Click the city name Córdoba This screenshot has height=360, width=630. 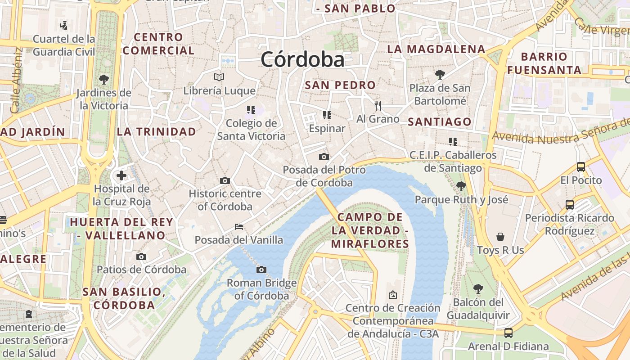pos(302,59)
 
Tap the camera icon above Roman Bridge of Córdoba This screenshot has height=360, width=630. pos(261,270)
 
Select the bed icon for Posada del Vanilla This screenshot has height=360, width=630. pos(239,226)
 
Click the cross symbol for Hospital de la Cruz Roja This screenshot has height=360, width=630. pos(121,175)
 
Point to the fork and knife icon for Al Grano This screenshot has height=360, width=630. pos(378,106)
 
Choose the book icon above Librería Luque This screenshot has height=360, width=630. pos(219,77)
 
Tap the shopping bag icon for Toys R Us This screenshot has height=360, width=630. pos(500,237)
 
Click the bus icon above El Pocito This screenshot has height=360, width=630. pos(581,167)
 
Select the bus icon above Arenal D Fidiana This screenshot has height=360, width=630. pos(508,333)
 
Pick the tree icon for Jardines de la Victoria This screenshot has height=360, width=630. pos(104,80)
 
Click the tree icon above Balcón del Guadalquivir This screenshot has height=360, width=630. pos(478,288)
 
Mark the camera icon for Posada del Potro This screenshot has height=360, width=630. pos(324,157)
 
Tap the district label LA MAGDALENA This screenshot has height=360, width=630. pos(436,49)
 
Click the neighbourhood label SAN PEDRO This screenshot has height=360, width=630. pos(340,85)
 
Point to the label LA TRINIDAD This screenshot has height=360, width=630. pos(157,132)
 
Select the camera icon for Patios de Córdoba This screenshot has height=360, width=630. pos(141,256)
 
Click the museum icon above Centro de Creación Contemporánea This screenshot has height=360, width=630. pos(393,295)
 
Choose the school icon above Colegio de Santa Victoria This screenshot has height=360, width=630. pos(251,110)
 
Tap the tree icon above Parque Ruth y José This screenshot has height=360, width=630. pos(461,186)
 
